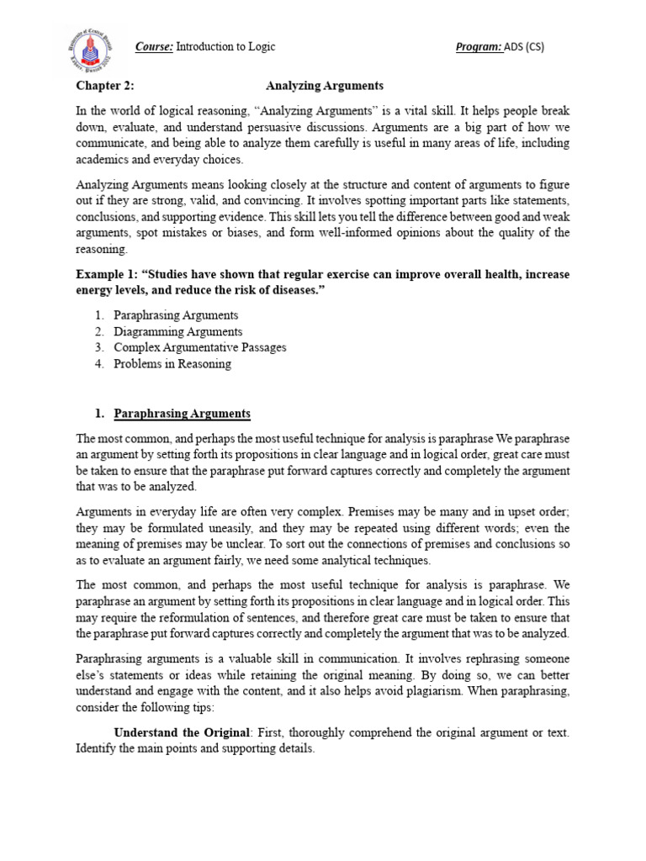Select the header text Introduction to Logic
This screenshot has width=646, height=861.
coord(226,47)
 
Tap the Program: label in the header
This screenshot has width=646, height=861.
coord(479,47)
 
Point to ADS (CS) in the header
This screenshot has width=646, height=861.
coord(524,47)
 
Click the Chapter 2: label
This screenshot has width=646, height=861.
coord(105,86)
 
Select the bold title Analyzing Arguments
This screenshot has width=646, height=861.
coord(325,86)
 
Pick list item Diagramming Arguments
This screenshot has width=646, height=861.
coord(178,331)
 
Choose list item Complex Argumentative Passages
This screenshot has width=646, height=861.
coord(200,347)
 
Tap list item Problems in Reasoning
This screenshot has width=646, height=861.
coord(172,363)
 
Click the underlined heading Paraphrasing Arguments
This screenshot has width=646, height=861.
coord(183,414)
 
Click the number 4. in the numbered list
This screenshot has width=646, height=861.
coord(99,363)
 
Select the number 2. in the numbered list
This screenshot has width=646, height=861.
coord(99,331)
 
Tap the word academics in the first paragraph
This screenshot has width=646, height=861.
coord(103,160)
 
